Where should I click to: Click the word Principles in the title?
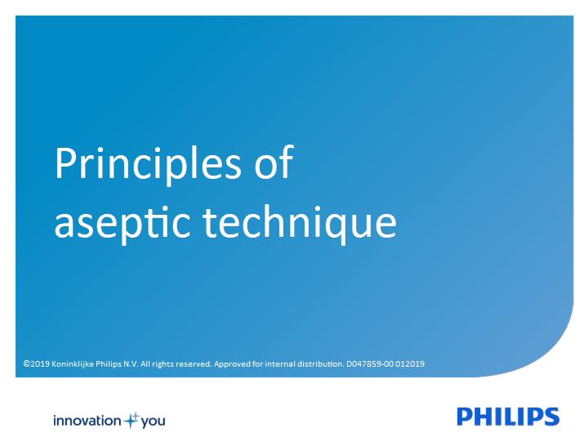pos(148,165)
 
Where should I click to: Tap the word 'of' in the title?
pos(274,162)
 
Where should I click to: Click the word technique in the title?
pos(300,224)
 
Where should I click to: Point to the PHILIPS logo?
pos(508,416)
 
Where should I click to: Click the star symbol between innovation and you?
pos(131,421)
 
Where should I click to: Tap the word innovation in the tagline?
pos(87,421)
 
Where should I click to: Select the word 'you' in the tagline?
pos(153,422)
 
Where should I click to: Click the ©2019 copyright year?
pos(37,363)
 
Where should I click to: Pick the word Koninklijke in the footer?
pos(73,364)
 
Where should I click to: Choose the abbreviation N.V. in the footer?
pos(131,363)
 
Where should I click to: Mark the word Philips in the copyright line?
pos(109,364)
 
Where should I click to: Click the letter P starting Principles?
pos(65,163)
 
